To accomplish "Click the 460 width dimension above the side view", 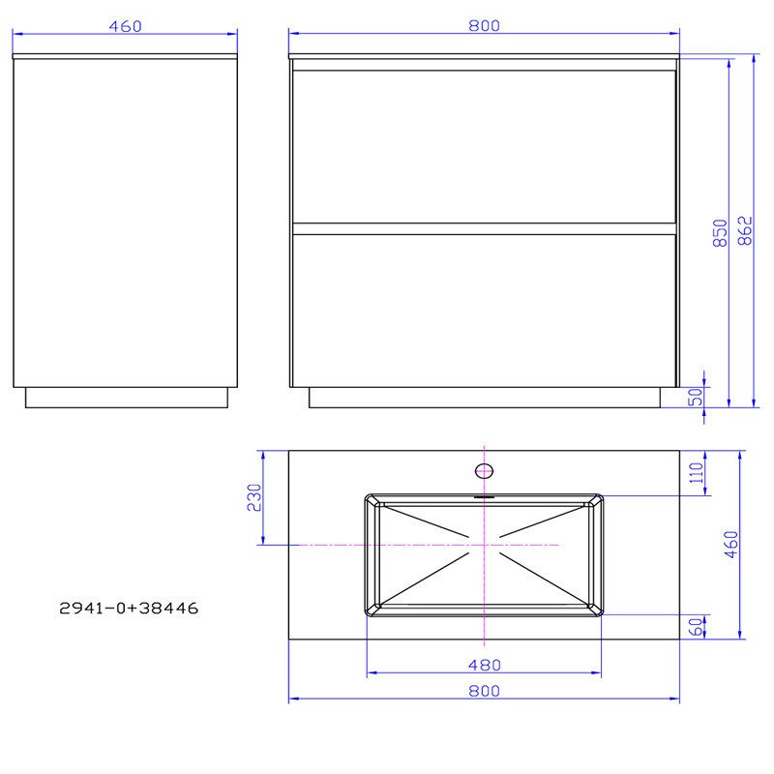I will (x=126, y=26).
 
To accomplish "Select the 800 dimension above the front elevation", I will (x=484, y=26).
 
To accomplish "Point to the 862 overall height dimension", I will (x=746, y=231).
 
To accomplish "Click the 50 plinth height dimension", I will (x=695, y=397).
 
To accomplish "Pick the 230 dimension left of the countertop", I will (x=253, y=497).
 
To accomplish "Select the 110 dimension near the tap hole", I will (x=695, y=474).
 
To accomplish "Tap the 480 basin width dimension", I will (x=484, y=665).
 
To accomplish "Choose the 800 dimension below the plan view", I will (x=484, y=690).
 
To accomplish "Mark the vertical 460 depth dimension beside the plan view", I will (x=731, y=545).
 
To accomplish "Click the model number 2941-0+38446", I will (x=129, y=609).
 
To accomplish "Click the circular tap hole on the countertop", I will (x=484, y=471).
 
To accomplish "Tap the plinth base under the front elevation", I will (x=484, y=398).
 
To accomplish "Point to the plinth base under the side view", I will (x=126, y=398).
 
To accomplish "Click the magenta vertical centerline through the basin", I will (x=483, y=580).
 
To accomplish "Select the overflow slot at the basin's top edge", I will (x=484, y=498).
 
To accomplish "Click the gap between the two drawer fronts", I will (x=484, y=228).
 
